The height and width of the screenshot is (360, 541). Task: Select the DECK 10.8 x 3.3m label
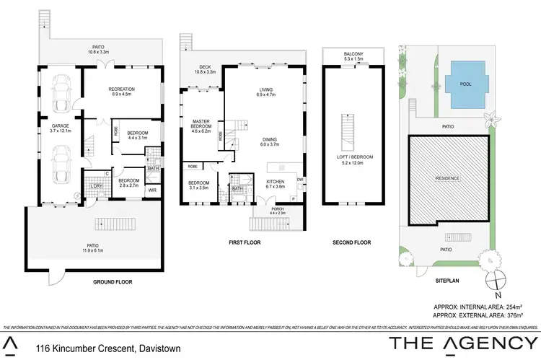tap(206, 70)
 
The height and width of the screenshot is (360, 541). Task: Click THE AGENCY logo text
tap(462, 343)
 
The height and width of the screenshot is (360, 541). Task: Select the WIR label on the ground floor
tap(152, 190)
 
